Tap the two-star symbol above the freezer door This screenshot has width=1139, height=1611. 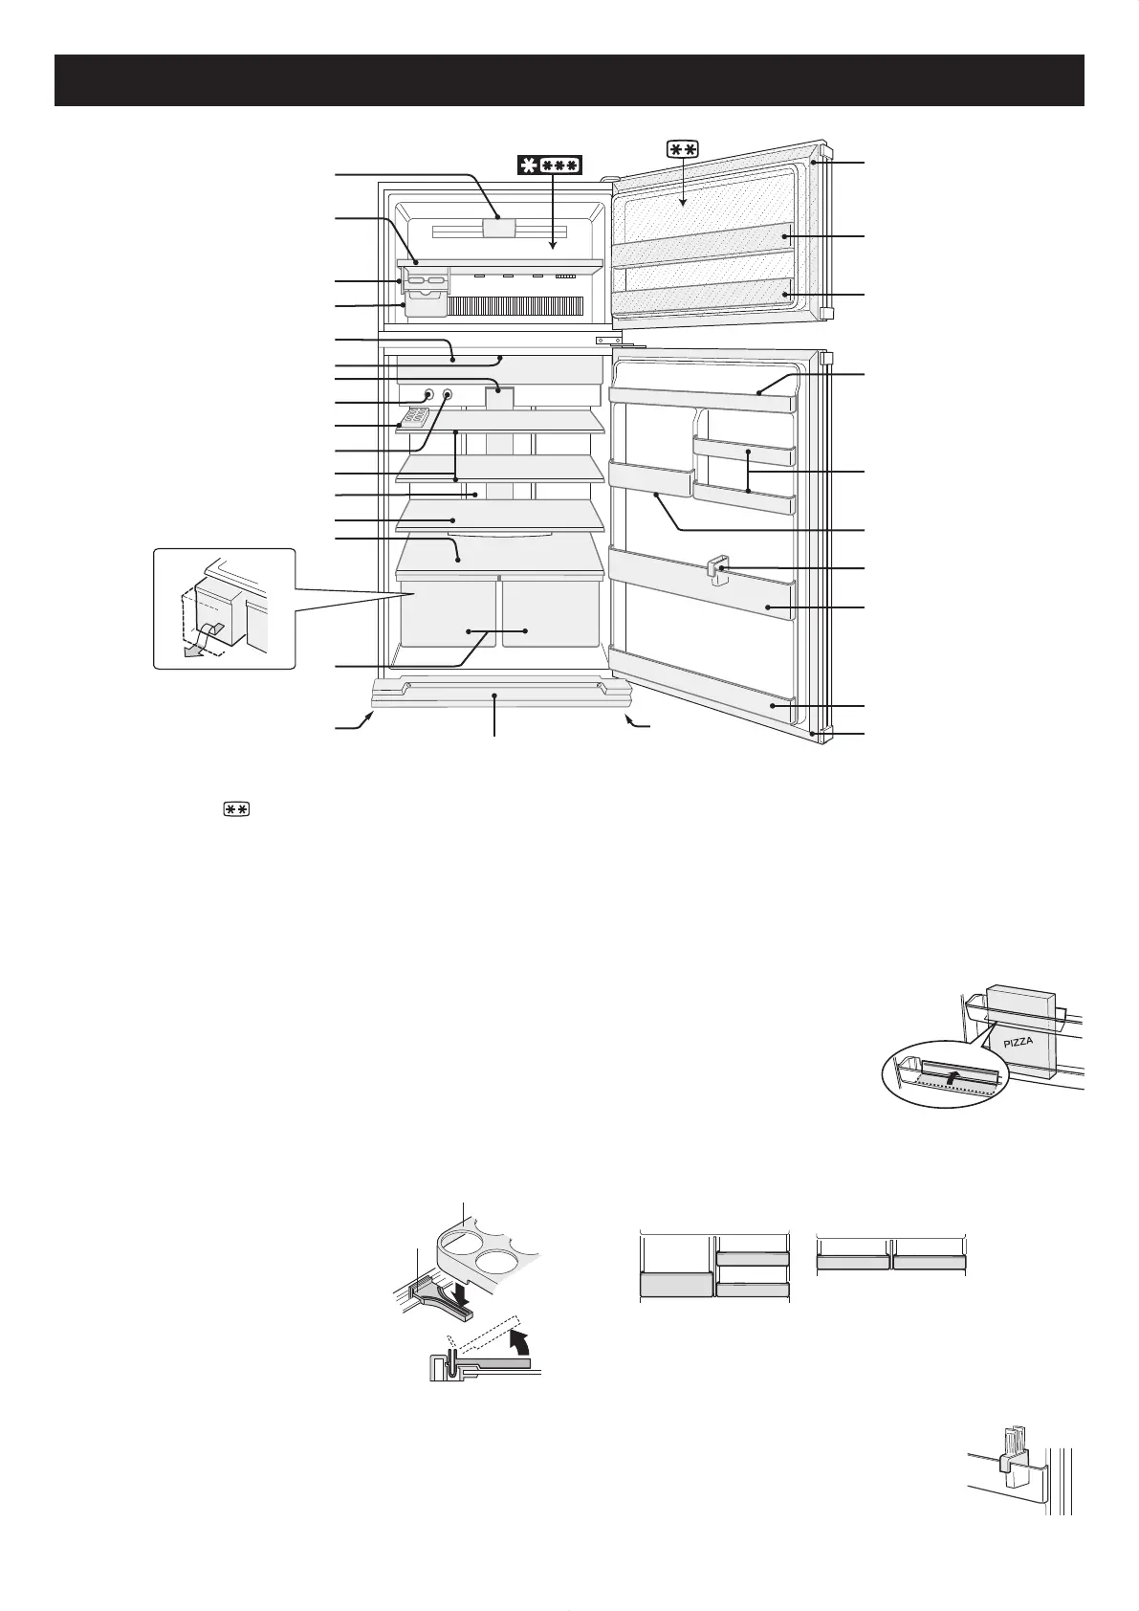[x=683, y=148]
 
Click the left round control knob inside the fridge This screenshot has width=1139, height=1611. [x=427, y=395]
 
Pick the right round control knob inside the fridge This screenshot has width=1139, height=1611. [x=447, y=394]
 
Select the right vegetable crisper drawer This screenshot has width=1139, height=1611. [x=550, y=612]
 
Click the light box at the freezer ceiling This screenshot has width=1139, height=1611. [x=498, y=227]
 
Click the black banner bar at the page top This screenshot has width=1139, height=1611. [x=569, y=79]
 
